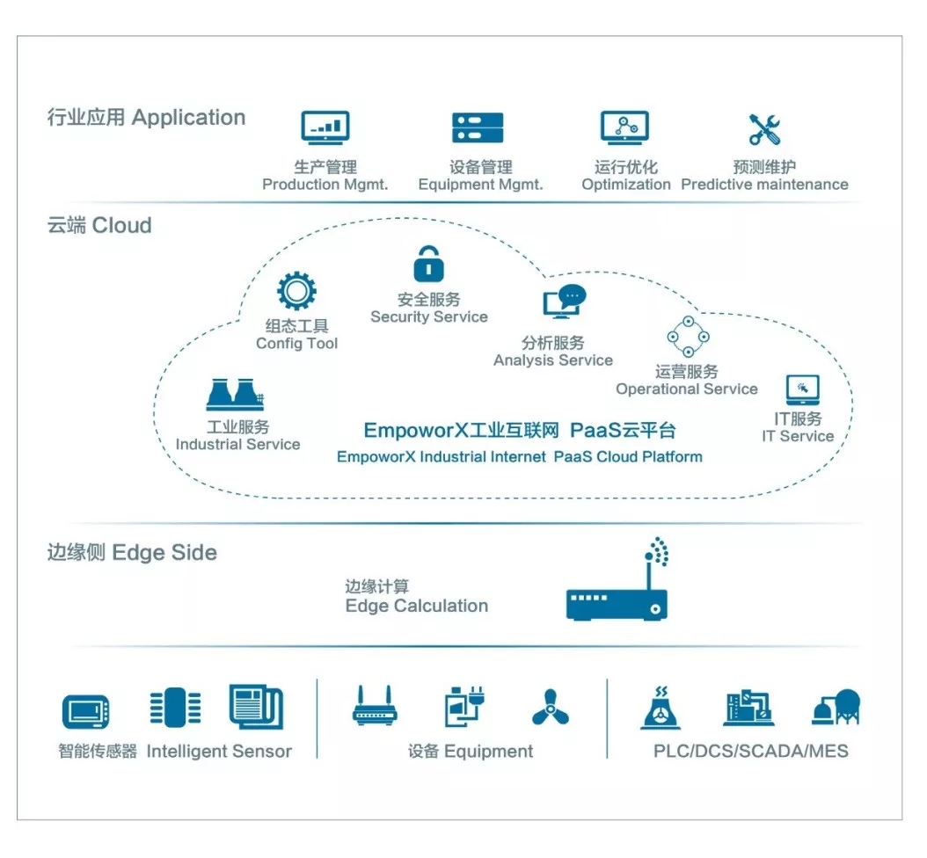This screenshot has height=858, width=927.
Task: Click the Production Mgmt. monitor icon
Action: pos(325,127)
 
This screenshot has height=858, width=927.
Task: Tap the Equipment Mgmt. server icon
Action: pos(478,127)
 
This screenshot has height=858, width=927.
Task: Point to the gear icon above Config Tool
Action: pos(296,291)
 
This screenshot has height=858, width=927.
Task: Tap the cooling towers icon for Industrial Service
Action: pos(235,395)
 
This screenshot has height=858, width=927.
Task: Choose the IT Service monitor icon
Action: pos(802,389)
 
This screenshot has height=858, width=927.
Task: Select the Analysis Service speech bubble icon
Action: pos(563,302)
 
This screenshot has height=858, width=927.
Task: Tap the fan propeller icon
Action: pos(551,707)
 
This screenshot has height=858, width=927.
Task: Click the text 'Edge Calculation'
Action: pos(416,606)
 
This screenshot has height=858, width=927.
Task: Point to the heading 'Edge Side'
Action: pos(164,553)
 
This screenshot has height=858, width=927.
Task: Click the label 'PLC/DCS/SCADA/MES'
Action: pos(750,752)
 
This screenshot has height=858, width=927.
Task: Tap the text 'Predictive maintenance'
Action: pos(764,185)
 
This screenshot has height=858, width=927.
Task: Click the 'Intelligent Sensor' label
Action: pos(219,752)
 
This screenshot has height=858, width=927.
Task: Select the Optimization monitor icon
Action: pos(624,127)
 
